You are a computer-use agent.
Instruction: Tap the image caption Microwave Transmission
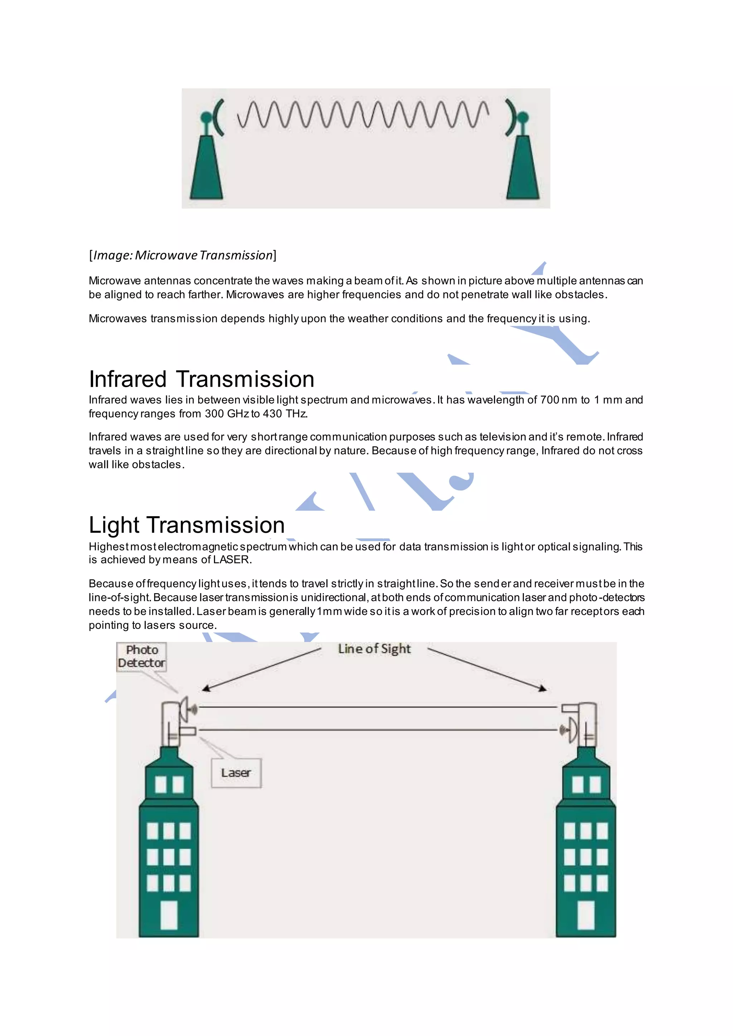pyautogui.click(x=183, y=255)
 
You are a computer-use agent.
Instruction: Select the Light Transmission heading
pyautogui.click(x=186, y=525)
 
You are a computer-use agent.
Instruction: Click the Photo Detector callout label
pyautogui.click(x=141, y=656)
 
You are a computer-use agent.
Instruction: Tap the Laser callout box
pyautogui.click(x=236, y=773)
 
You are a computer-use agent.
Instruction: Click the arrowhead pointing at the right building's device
pyautogui.click(x=543, y=689)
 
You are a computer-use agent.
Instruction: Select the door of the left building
pyautogui.click(x=169, y=915)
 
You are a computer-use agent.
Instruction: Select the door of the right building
pyautogui.click(x=586, y=915)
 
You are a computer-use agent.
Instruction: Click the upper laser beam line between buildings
pyautogui.click(x=377, y=707)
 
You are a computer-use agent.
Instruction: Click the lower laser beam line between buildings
pyautogui.click(x=377, y=730)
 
